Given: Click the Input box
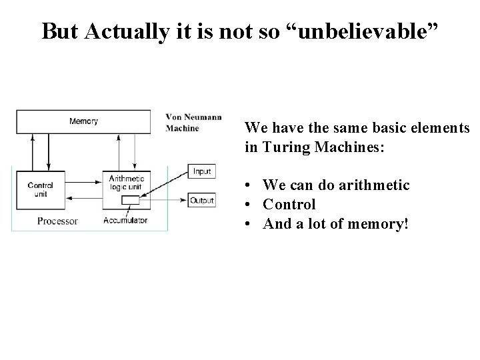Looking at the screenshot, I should click(201, 171).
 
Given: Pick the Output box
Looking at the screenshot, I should click(201, 200).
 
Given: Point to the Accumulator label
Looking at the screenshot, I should click(125, 220).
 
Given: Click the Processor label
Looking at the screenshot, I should click(58, 221).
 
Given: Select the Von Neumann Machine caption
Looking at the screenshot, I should click(193, 123).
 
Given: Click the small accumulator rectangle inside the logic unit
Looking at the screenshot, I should click(131, 200).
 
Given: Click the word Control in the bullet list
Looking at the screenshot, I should click(289, 204).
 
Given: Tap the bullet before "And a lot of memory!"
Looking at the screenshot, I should click(247, 224).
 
